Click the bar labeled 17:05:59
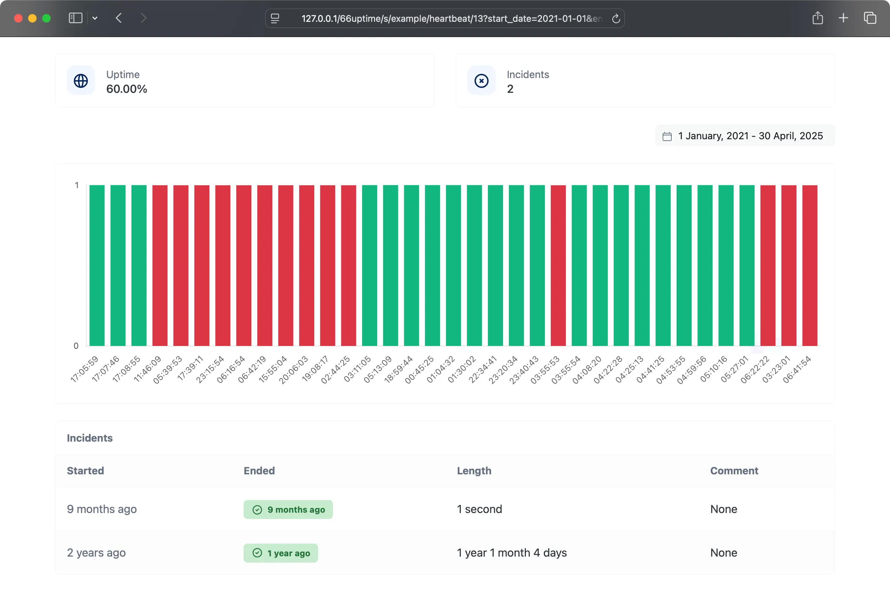[97, 265]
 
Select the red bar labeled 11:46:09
[160, 265]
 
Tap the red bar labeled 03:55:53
[558, 265]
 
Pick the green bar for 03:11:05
[369, 265]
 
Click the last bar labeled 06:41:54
[810, 265]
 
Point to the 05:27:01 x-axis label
[735, 369]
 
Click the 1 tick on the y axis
[77, 185]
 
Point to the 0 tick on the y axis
[76, 346]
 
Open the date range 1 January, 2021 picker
[744, 136]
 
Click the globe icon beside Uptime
[81, 81]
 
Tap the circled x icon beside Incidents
[482, 81]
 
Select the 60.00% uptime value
[127, 89]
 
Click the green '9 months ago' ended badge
[288, 509]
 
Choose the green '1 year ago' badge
[281, 553]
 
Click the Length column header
[474, 471]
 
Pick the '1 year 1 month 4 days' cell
[512, 553]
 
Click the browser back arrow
[119, 18]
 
